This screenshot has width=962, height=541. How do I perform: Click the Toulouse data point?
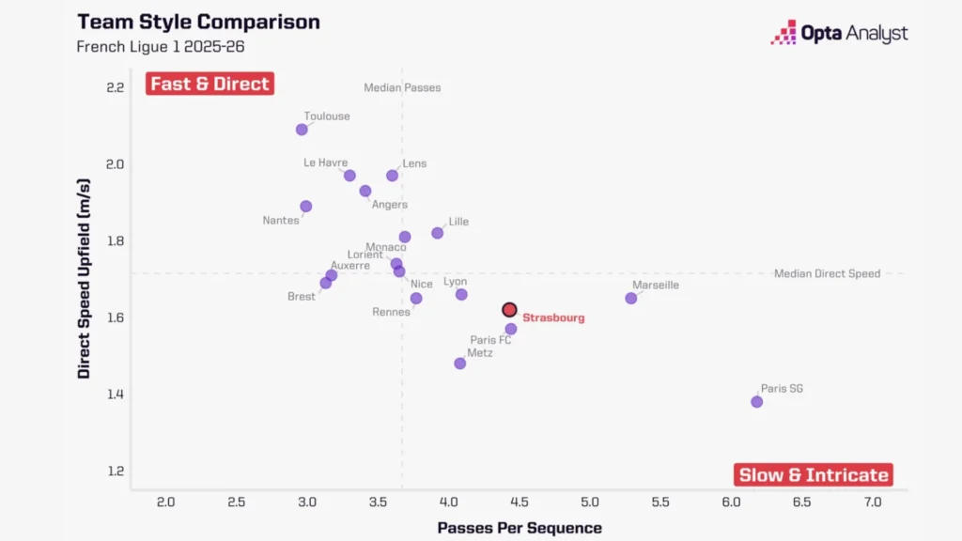pos(302,130)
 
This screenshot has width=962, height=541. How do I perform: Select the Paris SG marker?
pos(757,402)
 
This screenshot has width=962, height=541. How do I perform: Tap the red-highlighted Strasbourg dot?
pos(509,310)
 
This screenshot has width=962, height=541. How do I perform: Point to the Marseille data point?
pos(631,299)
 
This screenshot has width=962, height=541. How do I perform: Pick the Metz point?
pos(460,363)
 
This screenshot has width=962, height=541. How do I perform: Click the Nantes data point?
pos(306,207)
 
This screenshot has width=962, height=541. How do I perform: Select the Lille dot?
pos(438,233)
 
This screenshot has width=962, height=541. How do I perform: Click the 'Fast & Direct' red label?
pos(209,84)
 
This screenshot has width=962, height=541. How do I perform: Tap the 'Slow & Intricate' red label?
pos(814,474)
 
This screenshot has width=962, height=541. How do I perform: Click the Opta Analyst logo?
pos(840,34)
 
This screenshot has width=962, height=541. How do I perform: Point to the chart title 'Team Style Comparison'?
pos(198,22)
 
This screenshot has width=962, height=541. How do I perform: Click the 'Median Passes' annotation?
pos(402,88)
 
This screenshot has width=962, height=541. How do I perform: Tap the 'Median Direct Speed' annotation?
pos(827,274)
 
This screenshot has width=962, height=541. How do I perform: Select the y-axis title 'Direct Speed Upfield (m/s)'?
pos(85,281)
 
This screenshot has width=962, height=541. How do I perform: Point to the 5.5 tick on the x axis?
pos(660,502)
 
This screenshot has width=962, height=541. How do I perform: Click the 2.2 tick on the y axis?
pos(116,87)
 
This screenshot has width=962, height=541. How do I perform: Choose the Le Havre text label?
pos(325,162)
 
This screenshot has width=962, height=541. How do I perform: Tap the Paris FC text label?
pos(490,340)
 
